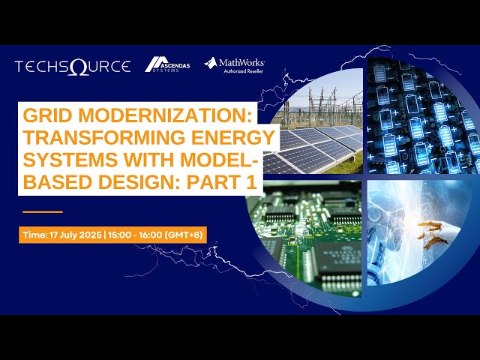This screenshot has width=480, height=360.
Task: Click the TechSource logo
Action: point(72,66)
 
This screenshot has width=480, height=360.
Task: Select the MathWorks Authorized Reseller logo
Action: point(235,66)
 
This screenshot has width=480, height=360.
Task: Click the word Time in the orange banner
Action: point(34,235)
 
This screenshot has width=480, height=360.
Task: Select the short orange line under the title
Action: point(43,211)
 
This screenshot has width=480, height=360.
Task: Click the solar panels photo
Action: point(315,135)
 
